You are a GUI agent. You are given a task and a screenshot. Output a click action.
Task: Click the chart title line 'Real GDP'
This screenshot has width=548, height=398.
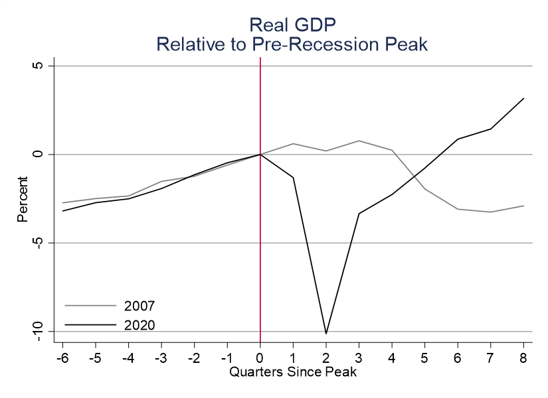292,25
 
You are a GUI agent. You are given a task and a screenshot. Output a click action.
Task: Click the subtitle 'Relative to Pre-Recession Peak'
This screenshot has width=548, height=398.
292,44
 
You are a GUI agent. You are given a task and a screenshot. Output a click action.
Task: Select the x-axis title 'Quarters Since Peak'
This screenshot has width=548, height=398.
293,371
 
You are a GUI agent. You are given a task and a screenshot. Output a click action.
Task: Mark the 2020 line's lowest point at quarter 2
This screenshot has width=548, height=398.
325,333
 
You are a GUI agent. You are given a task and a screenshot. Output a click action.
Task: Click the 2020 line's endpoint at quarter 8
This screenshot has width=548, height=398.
523,99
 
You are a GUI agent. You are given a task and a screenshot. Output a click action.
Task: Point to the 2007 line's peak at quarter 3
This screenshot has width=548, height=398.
359,141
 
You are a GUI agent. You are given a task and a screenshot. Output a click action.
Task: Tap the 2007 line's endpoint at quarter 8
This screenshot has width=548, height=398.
523,206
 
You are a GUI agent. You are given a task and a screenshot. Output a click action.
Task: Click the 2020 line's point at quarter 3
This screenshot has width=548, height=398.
359,213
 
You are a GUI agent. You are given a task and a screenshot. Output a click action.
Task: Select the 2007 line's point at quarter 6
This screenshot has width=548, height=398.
458,209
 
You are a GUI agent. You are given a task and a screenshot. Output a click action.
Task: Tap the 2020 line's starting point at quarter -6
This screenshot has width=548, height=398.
63,211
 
